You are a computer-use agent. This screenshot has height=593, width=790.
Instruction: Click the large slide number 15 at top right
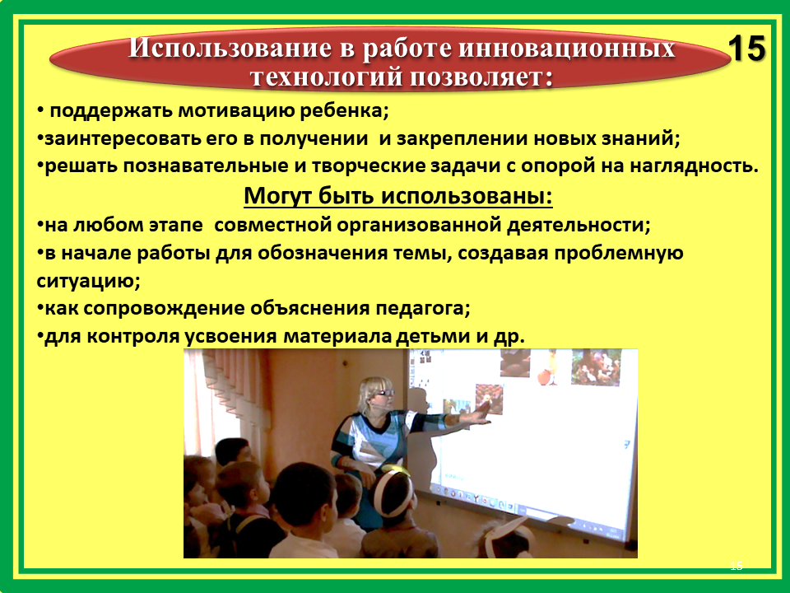(747, 49)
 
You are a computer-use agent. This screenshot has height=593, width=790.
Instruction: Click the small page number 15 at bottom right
(736, 566)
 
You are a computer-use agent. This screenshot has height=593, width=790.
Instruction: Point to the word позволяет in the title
(480, 77)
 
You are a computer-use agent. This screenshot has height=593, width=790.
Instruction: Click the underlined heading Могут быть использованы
(398, 196)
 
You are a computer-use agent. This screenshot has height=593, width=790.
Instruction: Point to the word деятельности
(579, 224)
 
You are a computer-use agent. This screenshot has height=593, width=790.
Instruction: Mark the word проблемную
(619, 253)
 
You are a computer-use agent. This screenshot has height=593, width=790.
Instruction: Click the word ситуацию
(88, 280)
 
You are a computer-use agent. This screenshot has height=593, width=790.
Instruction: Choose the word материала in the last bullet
(337, 336)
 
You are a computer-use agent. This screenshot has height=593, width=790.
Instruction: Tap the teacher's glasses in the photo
(385, 392)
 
